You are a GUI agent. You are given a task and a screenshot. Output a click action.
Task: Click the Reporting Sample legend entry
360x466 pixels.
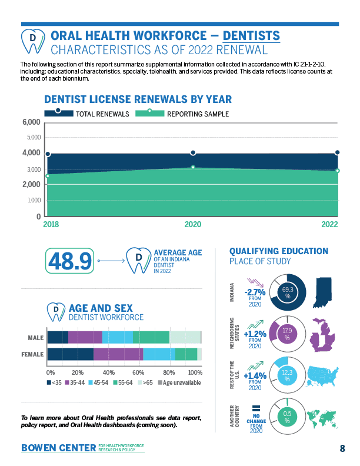click(x=182, y=114)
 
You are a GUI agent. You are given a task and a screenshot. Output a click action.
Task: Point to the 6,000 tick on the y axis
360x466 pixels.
click(x=31, y=122)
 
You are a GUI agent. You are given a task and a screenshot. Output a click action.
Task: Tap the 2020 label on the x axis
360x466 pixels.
click(x=193, y=224)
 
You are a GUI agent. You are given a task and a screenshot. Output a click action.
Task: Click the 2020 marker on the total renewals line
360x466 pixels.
click(x=193, y=153)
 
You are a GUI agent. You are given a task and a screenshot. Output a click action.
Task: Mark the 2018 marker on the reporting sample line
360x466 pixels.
click(x=48, y=175)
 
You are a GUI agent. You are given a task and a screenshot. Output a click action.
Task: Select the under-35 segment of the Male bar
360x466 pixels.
click(x=58, y=337)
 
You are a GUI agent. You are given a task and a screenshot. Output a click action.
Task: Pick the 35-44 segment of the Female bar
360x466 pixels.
click(x=118, y=354)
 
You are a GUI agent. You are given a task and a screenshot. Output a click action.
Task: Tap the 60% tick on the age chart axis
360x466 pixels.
click(x=139, y=372)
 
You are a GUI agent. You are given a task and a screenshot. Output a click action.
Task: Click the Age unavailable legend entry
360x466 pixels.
click(x=179, y=383)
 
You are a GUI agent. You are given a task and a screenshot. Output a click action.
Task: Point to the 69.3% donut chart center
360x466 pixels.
click(x=288, y=292)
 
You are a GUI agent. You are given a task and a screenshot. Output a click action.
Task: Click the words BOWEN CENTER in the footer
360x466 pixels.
click(x=58, y=448)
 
